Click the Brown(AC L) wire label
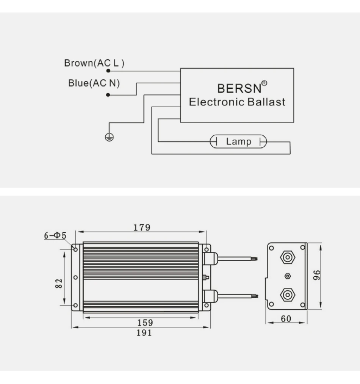94,63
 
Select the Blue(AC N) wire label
94,83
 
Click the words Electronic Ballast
237,102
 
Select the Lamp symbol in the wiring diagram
238,142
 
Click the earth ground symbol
109,138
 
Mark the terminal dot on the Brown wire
108,71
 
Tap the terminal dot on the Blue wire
108,95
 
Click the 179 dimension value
142,227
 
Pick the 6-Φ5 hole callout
55,235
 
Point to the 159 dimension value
145,323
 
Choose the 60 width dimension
286,319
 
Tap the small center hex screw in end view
287,276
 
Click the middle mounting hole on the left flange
75,277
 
